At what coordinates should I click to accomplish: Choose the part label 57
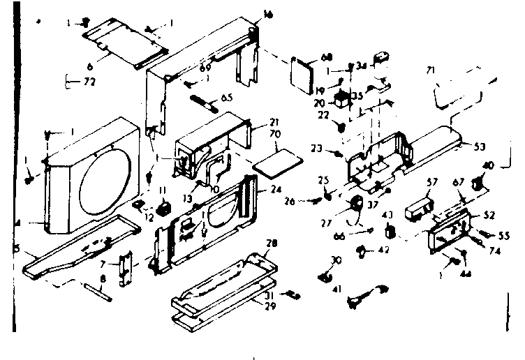[433, 181]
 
